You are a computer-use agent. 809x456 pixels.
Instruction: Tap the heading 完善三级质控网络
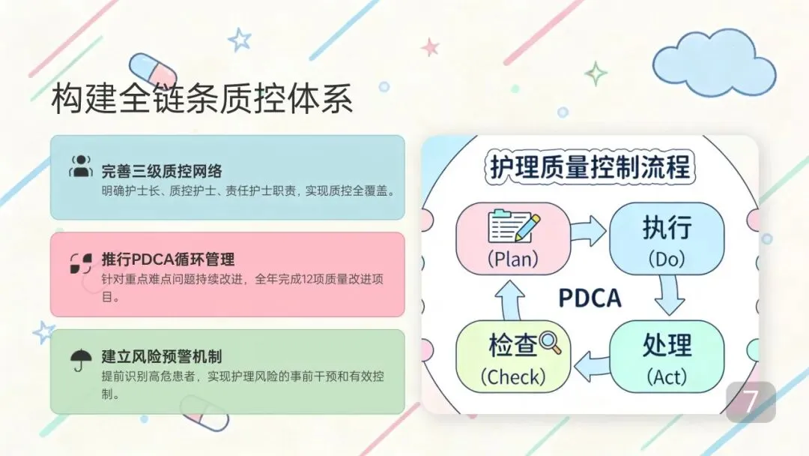[x=162, y=171]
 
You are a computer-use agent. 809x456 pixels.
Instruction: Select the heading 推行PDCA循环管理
[x=168, y=260]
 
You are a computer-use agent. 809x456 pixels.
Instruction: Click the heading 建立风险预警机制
[x=162, y=356]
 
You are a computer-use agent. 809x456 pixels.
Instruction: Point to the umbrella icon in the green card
[x=80, y=361]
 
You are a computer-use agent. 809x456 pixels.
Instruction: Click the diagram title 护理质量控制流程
[x=590, y=166]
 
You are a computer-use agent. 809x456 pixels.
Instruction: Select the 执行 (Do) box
[x=666, y=238]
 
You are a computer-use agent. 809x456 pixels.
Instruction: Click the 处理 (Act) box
[x=666, y=357]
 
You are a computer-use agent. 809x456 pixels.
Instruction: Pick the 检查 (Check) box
[x=513, y=357]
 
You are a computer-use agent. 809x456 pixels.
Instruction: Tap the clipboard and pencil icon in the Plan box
[x=513, y=226]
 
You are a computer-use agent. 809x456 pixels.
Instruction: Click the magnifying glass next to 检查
[x=551, y=343]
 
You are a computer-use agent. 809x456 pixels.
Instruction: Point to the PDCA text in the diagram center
[x=590, y=298]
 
